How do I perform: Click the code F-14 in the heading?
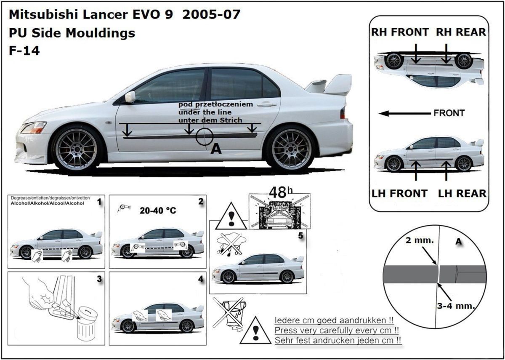point(24,51)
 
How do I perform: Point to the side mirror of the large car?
point(130,97)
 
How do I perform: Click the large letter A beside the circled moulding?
point(215,148)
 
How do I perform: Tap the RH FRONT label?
point(400,32)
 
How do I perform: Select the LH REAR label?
point(462,193)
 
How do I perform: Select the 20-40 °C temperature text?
point(158,211)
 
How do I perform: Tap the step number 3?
point(99,279)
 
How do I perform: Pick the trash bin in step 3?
point(86,324)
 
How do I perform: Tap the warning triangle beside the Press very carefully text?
point(255,331)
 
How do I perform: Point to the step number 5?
point(300,236)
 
